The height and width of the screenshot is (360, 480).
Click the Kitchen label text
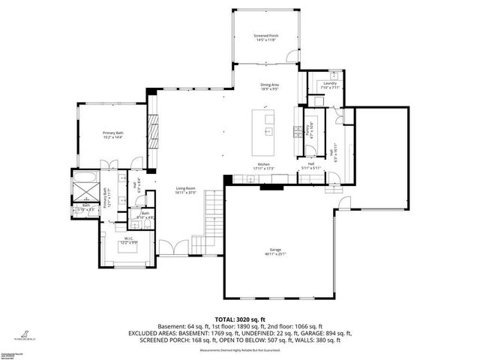263,164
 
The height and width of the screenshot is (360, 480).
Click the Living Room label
185,188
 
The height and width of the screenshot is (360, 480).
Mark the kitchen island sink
268,131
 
